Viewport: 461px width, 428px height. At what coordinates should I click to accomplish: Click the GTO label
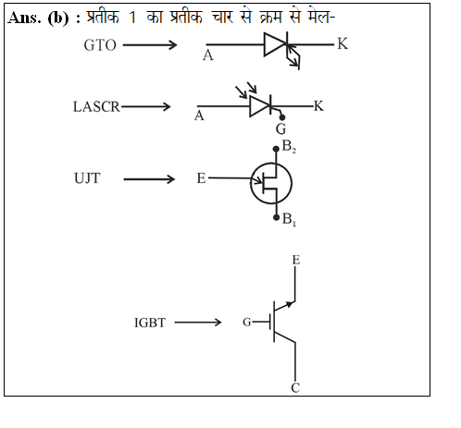click(x=100, y=45)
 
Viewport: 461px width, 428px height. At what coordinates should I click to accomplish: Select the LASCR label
click(x=96, y=107)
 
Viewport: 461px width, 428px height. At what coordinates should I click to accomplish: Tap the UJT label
click(x=87, y=178)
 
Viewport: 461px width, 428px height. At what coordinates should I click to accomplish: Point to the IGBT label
click(x=150, y=323)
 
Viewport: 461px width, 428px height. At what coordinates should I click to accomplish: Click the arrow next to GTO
click(x=150, y=45)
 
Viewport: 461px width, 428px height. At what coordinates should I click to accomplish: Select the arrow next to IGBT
click(x=198, y=323)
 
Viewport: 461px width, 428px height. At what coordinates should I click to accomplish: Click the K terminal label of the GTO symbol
click(x=343, y=43)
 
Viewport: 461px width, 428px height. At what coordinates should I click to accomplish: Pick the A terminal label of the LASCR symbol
click(x=199, y=116)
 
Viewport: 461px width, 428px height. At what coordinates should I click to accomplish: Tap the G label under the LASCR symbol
click(x=280, y=128)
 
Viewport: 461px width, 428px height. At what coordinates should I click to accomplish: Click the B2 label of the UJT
click(x=289, y=146)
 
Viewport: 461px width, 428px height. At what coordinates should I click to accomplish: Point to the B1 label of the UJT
click(x=289, y=219)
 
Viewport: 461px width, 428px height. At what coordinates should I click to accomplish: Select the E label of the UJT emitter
click(x=201, y=178)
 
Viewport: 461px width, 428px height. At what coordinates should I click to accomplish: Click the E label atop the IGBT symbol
click(x=296, y=260)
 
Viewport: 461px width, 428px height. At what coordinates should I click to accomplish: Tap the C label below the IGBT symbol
click(x=295, y=387)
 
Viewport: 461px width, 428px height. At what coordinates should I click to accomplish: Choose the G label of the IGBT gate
click(x=246, y=323)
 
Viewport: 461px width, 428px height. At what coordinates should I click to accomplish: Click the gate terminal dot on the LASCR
click(x=282, y=117)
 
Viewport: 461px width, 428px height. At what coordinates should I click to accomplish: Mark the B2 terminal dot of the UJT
click(x=276, y=149)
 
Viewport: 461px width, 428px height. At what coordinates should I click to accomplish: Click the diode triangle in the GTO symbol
click(x=275, y=45)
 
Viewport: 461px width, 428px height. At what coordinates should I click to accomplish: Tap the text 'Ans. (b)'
click(x=38, y=18)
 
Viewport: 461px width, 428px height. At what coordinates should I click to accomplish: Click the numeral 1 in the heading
click(x=132, y=17)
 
